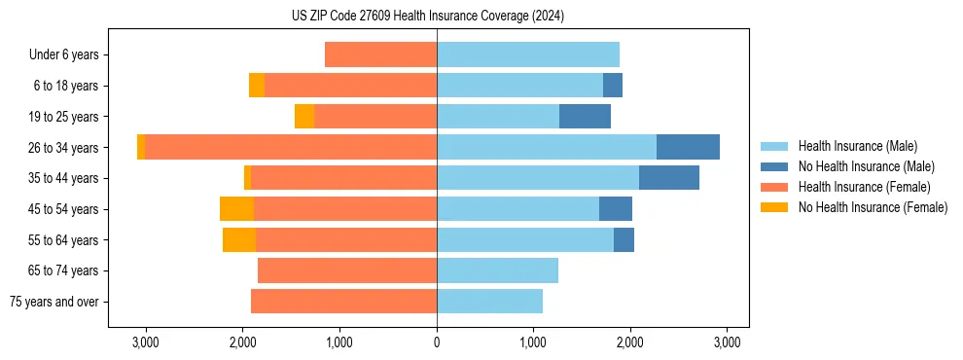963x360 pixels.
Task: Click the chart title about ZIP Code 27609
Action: point(427,17)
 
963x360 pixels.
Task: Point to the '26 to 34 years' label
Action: point(64,148)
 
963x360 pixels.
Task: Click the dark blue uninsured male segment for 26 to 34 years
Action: point(688,148)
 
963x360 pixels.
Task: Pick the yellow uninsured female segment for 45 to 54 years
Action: point(236,209)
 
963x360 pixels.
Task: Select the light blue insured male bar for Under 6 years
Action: point(528,54)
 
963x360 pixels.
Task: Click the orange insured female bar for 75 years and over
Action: point(343,302)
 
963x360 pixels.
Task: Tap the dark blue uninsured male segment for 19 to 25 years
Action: point(585,117)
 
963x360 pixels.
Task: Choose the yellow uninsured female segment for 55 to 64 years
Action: point(239,240)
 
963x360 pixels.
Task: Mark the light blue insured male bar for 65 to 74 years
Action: point(497,270)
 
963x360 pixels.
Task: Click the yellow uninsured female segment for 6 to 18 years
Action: point(257,86)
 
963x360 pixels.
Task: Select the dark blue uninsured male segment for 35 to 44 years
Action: point(669,178)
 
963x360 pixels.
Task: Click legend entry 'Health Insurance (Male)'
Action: point(857,146)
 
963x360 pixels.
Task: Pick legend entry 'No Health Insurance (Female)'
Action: point(873,207)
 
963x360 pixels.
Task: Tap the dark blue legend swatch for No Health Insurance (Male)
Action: point(774,166)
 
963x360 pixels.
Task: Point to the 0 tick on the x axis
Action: point(437,342)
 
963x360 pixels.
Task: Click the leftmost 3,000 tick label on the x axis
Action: point(145,342)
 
